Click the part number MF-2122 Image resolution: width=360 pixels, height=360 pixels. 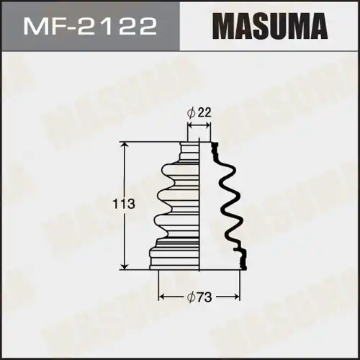91,28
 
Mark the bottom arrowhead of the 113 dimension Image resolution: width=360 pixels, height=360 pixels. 127,266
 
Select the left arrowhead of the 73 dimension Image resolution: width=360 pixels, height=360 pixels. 161,297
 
